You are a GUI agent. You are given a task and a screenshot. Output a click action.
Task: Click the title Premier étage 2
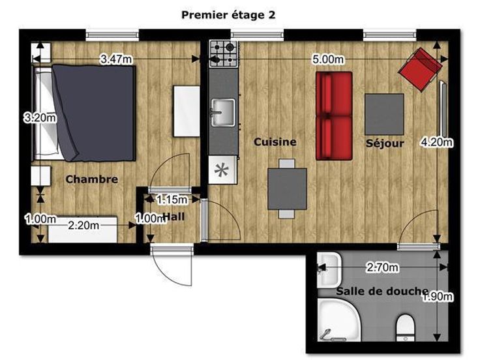point(228,15)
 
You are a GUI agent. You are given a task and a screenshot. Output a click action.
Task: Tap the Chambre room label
point(91,179)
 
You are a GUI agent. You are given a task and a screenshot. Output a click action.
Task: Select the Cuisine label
point(275,142)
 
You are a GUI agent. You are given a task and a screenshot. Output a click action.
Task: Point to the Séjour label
point(385,143)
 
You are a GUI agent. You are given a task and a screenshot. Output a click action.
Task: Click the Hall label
point(173,217)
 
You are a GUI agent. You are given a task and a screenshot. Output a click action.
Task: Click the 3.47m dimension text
point(116,59)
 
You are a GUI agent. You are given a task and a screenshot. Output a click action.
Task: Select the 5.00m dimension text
point(328,59)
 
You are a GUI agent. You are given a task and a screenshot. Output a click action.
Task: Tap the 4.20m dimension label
point(437,142)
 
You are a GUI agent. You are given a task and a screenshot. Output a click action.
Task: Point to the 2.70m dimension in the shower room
point(383,267)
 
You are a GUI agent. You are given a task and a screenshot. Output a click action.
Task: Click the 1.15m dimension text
point(172,200)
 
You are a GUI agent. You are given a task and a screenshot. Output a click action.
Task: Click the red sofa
point(334,116)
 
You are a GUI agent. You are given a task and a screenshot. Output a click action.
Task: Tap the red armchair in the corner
point(420,70)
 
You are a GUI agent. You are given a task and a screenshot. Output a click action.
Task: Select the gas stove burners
point(224,54)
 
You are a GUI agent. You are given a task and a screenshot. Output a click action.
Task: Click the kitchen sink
point(223,112)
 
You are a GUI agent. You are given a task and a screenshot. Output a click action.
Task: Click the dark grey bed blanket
point(93,113)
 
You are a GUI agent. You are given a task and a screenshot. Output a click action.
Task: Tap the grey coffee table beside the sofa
point(384,114)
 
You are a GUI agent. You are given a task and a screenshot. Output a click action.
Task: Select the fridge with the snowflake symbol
point(223,170)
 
